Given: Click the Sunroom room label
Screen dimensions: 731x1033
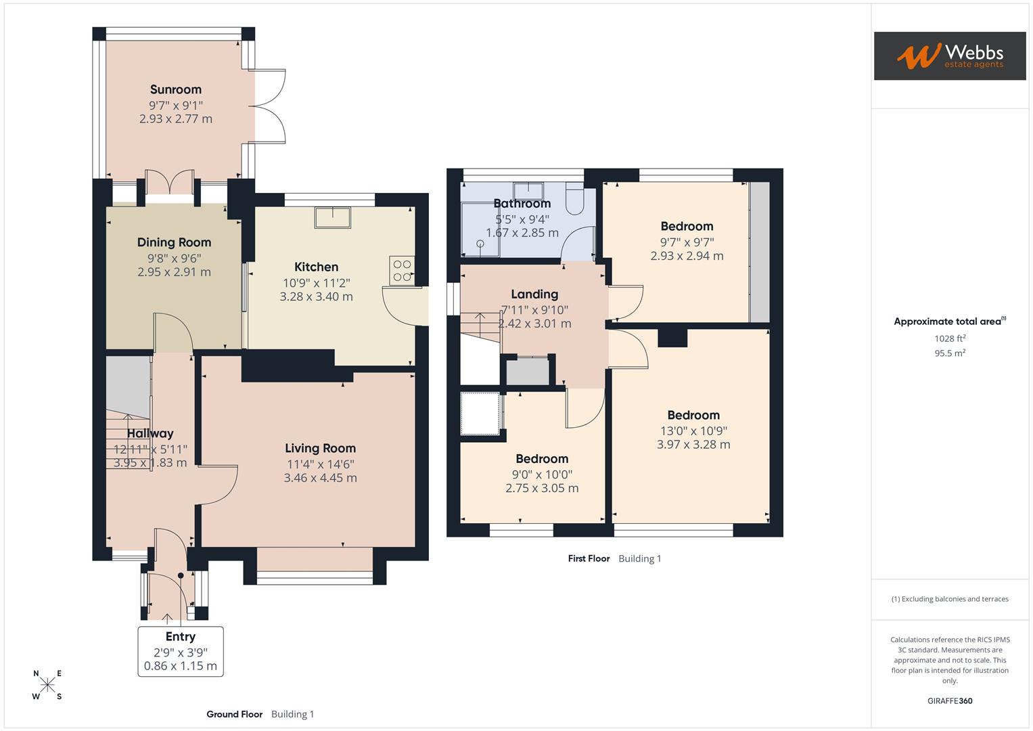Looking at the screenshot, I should (x=176, y=89).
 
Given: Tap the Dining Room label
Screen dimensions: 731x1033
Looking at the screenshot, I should (x=175, y=242).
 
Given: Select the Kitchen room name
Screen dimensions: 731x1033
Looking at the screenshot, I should (x=316, y=267).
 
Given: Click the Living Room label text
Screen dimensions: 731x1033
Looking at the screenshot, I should (x=320, y=448).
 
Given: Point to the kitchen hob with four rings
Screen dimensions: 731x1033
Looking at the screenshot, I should (x=402, y=270).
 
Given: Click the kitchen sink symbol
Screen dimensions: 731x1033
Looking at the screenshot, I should (x=333, y=217).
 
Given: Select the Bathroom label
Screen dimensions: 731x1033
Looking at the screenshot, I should (x=522, y=204).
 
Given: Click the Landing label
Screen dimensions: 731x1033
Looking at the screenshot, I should (x=534, y=294).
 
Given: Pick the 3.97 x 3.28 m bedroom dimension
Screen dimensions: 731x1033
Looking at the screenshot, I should (x=693, y=445).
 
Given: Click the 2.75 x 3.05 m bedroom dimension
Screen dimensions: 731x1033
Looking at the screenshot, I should (x=542, y=488).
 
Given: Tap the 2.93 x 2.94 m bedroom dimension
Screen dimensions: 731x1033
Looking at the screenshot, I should (x=687, y=256).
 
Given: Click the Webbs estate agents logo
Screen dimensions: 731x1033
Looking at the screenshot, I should (x=950, y=56).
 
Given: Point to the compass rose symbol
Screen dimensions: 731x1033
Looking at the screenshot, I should (x=47, y=685).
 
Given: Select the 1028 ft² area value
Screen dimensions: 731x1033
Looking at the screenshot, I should (x=950, y=338).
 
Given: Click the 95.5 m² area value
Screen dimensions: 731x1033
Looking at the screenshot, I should (x=950, y=353).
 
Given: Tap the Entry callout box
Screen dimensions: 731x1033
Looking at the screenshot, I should (x=181, y=651).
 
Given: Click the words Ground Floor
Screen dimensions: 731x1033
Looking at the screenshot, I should (x=234, y=714).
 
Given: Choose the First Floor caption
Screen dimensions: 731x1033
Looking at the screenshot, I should (x=589, y=558).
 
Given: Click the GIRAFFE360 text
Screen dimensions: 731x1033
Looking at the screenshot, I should (x=950, y=701).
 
